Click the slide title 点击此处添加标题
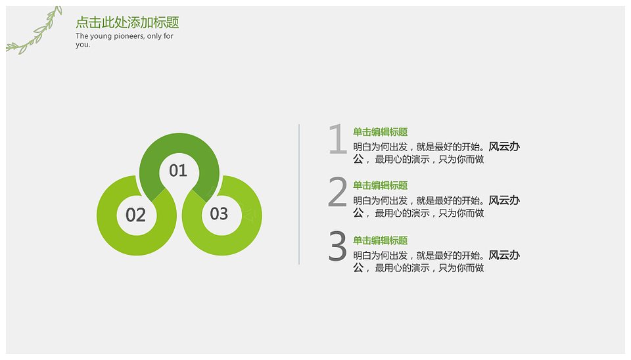(127, 22)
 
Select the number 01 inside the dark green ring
(178, 171)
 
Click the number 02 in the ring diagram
(135, 215)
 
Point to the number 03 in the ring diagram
(219, 214)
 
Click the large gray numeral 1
(338, 139)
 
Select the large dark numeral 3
(337, 246)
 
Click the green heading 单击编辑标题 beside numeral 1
(381, 132)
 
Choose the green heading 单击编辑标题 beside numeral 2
(381, 185)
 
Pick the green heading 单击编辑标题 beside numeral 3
(381, 240)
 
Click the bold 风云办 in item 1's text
(504, 146)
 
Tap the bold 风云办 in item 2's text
(504, 200)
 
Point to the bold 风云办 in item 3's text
(504, 255)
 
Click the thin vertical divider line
(299, 194)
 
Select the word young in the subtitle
(101, 36)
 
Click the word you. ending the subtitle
(83, 45)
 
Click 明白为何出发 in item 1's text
(381, 146)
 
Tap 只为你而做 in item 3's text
(461, 268)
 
